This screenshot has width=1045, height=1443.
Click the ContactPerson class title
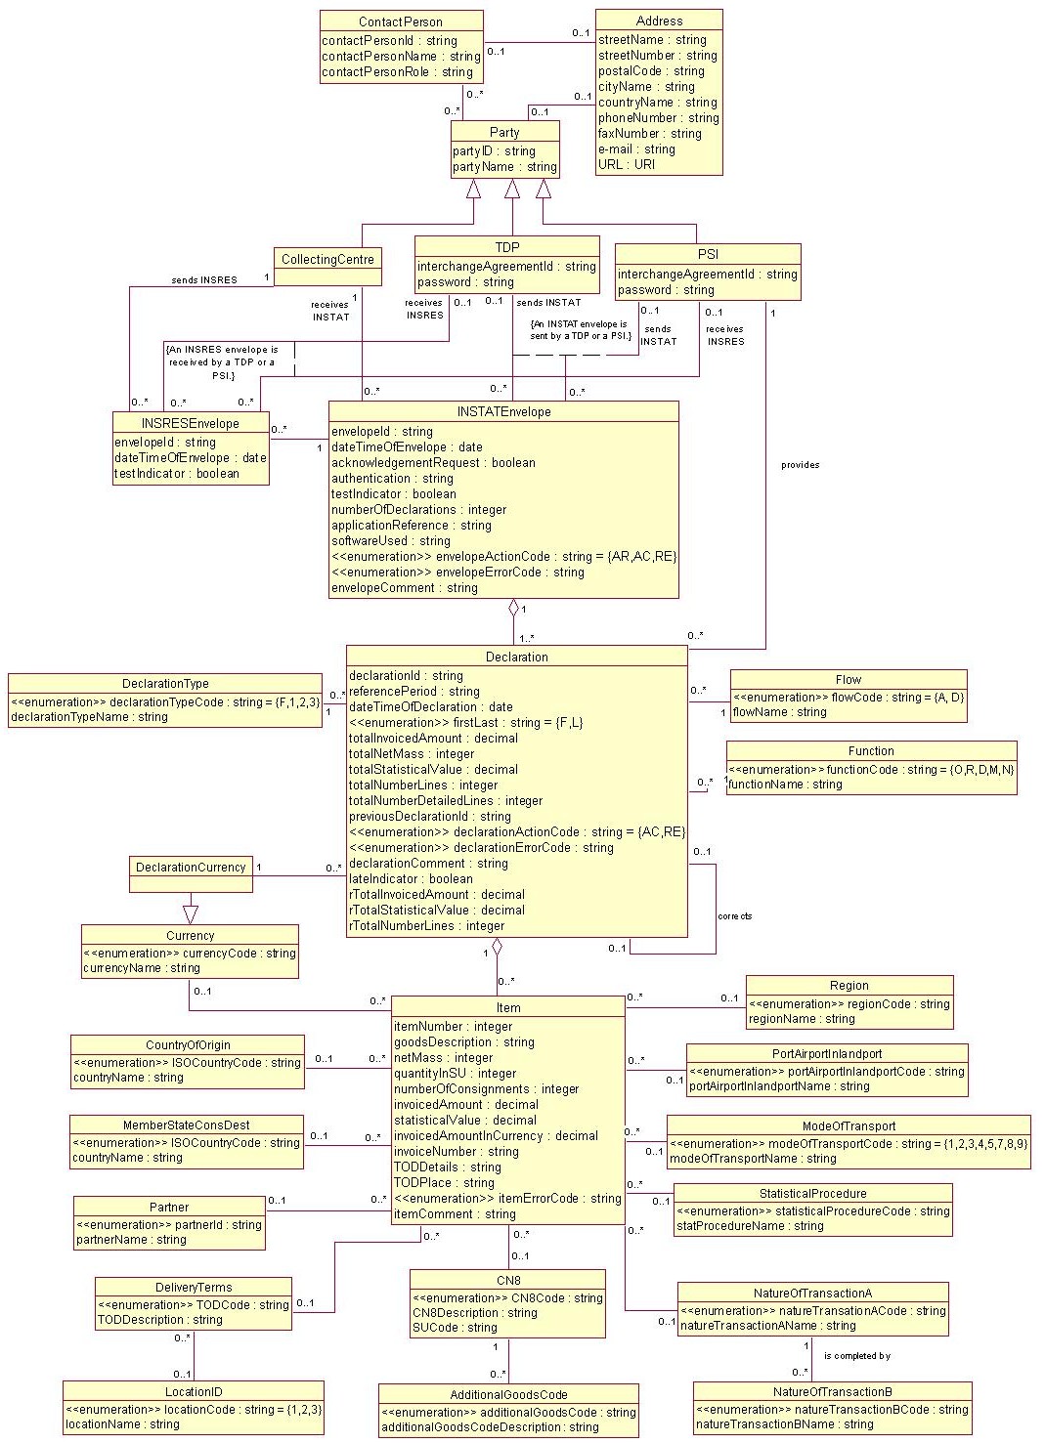pos(401,21)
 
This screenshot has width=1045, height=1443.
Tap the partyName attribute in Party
pos(503,167)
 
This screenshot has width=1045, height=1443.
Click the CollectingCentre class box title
pos(327,259)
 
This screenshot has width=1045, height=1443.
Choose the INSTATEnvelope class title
pos(503,412)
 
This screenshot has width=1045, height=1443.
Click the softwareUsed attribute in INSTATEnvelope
pos(390,541)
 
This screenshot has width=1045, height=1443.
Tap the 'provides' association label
pos(800,465)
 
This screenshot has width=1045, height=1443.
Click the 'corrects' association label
pos(734,916)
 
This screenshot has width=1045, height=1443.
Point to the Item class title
pos(508,1007)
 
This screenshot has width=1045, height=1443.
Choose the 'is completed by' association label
pos(856,1356)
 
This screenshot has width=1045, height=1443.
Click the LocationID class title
pos(194,1391)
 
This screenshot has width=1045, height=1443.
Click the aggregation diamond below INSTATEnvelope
pos(512,608)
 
